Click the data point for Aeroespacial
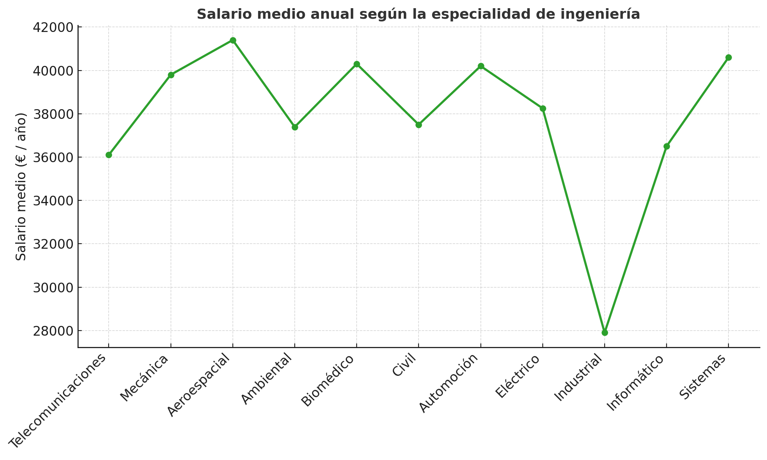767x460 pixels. [x=233, y=41]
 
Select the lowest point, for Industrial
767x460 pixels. [x=605, y=333]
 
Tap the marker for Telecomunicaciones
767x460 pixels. [x=109, y=155]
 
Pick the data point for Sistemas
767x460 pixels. [x=728, y=58]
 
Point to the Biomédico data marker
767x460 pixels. [x=357, y=64]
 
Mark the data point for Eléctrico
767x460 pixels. [x=543, y=108]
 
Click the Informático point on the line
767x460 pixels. [x=667, y=147]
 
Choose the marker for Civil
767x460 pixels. [x=419, y=125]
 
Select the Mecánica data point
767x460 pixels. [x=171, y=75]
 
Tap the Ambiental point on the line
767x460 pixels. [x=295, y=127]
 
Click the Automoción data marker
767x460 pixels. [x=481, y=66]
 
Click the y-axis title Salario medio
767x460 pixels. [x=21, y=187]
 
